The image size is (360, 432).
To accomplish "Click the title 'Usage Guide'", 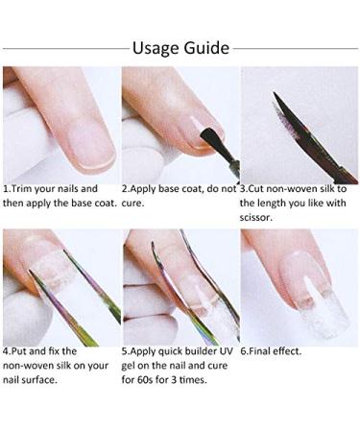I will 180,47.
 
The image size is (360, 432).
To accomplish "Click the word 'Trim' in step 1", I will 28,189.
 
